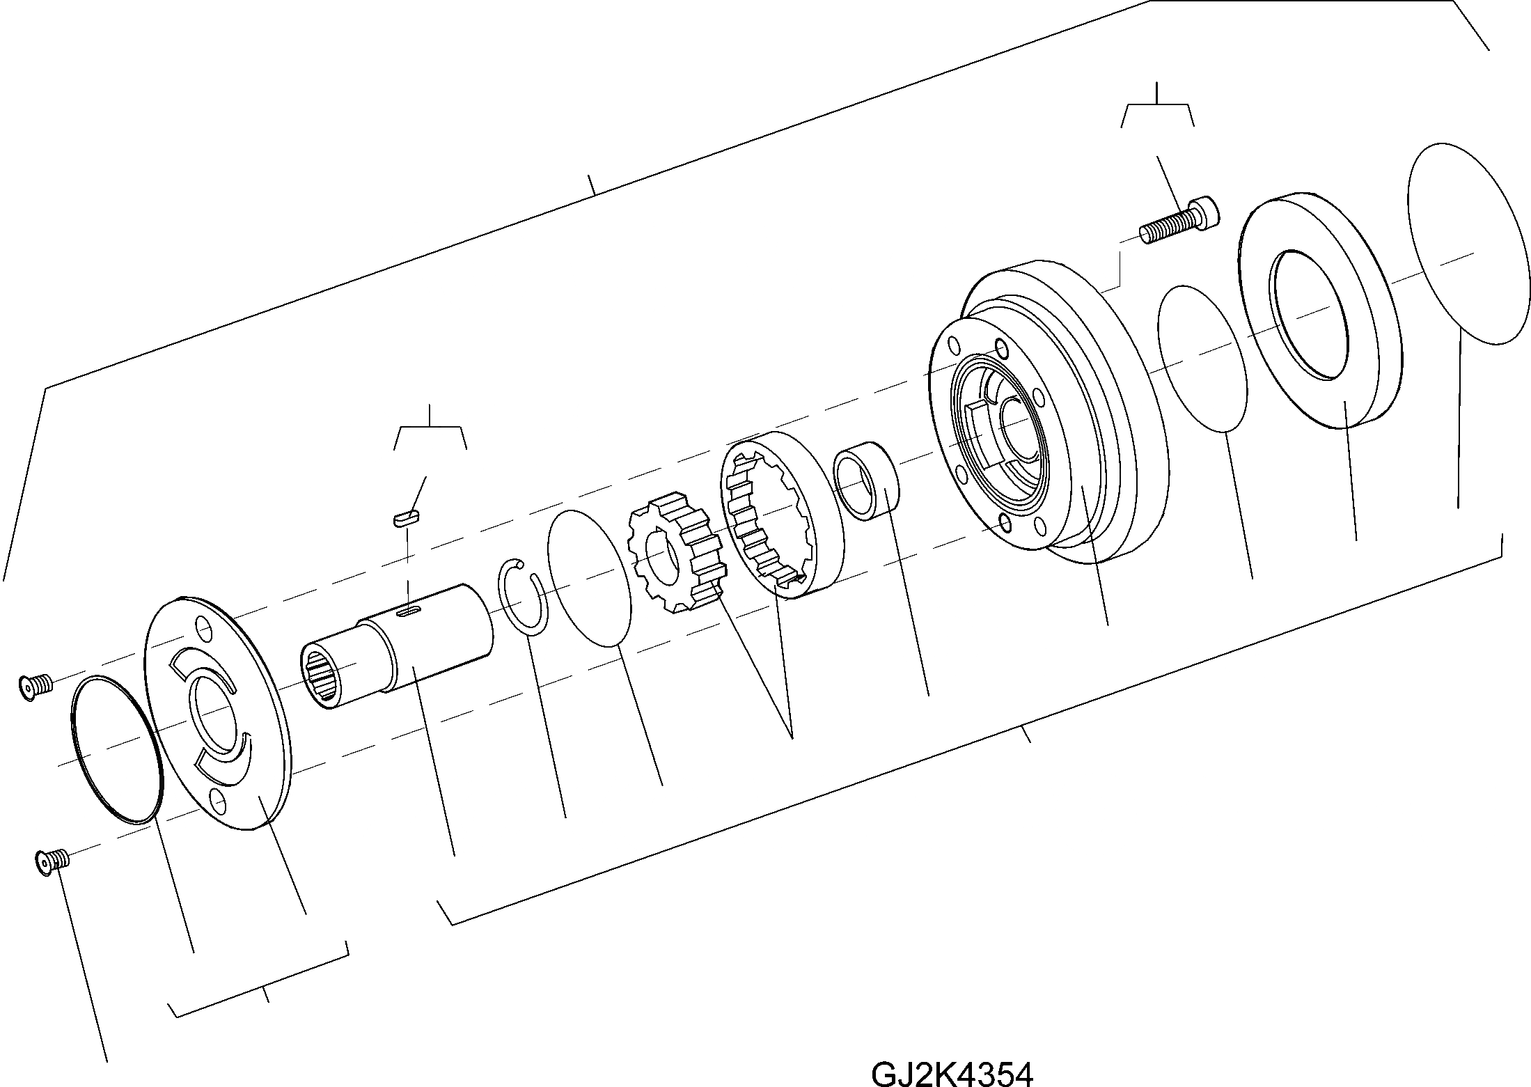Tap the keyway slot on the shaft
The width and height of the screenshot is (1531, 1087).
409,611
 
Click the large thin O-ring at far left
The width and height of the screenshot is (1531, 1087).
116,749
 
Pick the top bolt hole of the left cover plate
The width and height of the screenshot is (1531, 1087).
203,632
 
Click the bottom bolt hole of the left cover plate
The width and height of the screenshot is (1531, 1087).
218,804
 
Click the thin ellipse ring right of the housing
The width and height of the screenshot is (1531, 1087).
1201,359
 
